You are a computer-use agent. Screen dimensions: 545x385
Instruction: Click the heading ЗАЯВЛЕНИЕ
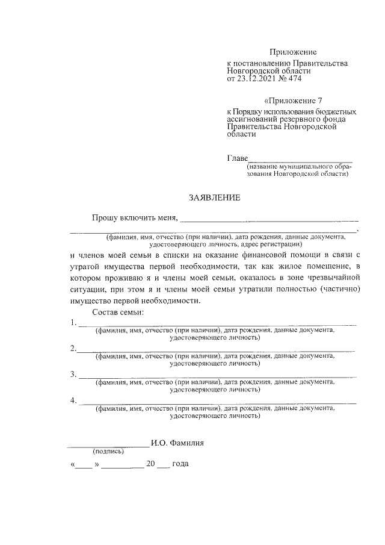215,198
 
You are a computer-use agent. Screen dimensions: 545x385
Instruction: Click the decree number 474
294,79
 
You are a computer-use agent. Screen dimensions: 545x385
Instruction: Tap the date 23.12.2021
256,79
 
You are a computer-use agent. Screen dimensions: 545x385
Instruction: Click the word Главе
237,158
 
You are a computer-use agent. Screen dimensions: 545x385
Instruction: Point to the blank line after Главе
300,161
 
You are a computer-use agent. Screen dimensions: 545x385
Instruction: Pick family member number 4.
73,400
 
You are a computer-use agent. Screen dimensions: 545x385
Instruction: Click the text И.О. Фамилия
178,443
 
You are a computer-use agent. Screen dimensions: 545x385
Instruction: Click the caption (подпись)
108,451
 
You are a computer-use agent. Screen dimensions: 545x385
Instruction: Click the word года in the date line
181,464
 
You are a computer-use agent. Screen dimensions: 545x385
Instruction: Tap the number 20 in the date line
151,464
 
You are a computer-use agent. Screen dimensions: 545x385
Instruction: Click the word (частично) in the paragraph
339,289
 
